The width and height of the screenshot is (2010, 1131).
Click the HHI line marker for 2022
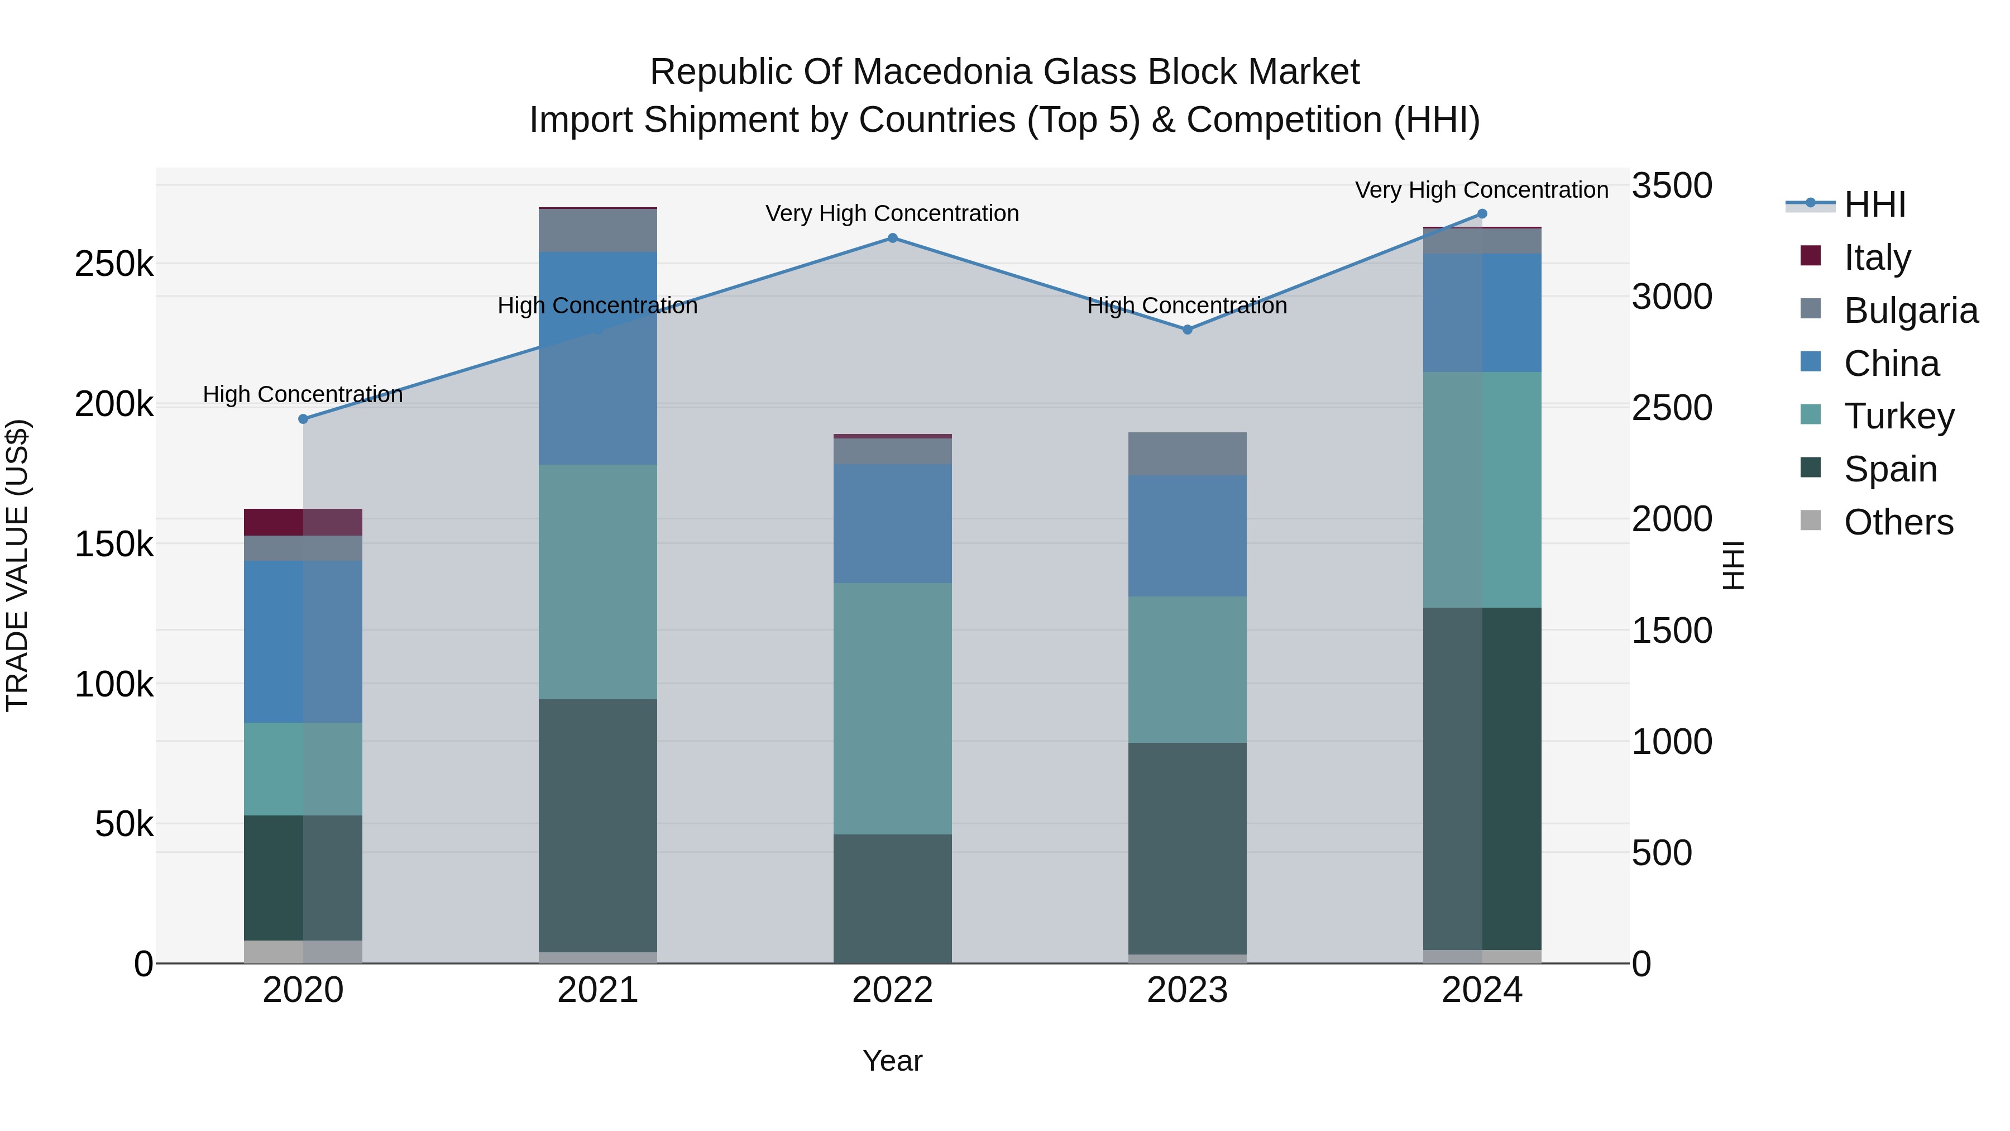893,238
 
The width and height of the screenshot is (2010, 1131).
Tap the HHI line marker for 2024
1482,214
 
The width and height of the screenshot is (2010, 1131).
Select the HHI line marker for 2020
304,419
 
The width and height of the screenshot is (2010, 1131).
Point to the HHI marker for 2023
1188,330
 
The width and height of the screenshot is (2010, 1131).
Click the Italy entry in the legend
1877,257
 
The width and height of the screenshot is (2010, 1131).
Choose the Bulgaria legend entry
1910,310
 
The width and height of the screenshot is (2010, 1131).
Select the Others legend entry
1898,522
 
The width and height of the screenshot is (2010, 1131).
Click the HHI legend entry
1874,204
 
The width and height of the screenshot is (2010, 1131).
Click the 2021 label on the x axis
597,990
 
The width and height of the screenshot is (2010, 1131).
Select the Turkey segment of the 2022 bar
893,708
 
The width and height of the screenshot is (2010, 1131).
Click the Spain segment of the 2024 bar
1482,778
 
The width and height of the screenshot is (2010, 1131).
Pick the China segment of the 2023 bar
1188,536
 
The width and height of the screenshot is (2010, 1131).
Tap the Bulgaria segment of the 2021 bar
597,230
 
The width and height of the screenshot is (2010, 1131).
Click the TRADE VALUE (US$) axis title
17,565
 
